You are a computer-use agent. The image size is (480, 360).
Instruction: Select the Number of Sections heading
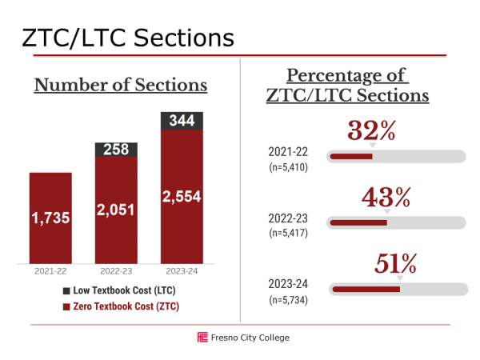pos(120,85)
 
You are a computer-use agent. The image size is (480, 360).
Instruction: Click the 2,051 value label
pos(116,210)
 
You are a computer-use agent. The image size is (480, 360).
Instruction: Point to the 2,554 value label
pos(182,196)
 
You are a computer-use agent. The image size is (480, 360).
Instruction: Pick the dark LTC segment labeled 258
pos(116,150)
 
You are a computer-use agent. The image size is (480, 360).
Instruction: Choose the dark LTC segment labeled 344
pos(182,121)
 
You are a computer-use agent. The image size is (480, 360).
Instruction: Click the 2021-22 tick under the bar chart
pos(50,271)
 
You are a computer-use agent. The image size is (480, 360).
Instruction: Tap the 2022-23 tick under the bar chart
pos(116,271)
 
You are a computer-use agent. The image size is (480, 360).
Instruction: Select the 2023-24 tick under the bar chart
pos(182,271)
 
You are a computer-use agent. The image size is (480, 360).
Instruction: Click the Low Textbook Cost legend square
pos(66,290)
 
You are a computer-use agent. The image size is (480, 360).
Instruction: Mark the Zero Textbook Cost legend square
pos(66,306)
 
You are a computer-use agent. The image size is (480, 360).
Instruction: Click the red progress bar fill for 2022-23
pos(358,222)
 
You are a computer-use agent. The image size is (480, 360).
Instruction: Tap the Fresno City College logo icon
pos(202,338)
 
